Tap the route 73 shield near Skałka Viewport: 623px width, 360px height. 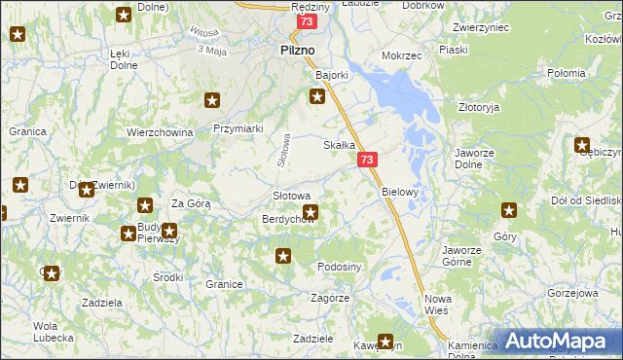pos(367,160)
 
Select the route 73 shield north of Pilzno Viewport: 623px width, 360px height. pos(308,21)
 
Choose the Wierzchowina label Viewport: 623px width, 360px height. pos(160,132)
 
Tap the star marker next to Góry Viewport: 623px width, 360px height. pos(509,210)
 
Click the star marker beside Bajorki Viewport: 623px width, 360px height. pos(316,95)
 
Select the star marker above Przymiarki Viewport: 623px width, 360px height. pos(212,99)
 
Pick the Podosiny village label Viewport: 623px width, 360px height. pos(340,267)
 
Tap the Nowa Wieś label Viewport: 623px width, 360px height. pos(435,305)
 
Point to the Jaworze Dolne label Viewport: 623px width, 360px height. pos(477,159)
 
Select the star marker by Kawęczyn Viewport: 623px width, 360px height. pos(385,342)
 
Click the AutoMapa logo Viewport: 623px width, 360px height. pos(558,341)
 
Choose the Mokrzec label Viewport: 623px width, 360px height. pos(402,55)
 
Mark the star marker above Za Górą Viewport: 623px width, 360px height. pos(145,205)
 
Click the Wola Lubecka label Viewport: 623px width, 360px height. pos(46,332)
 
